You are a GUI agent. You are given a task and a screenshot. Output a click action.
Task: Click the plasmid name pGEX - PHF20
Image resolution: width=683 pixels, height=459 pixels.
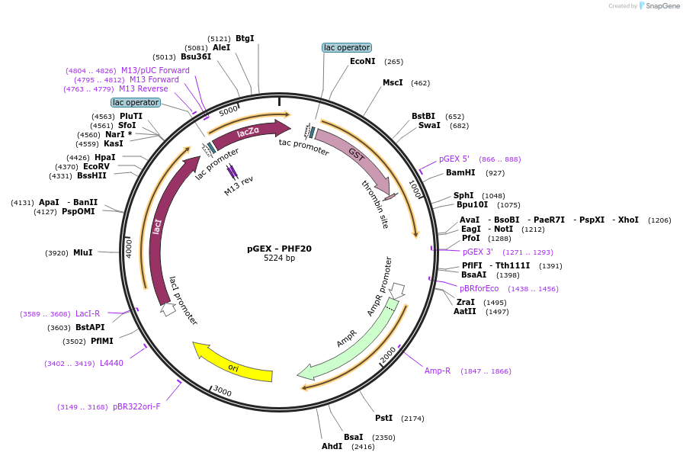(x=279, y=249)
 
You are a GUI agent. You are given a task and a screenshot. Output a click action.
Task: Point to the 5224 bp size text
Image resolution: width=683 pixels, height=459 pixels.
(x=279, y=258)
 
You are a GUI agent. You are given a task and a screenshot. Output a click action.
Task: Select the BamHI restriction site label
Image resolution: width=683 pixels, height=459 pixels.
(x=460, y=172)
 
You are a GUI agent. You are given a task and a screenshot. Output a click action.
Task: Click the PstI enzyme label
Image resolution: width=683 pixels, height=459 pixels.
(x=383, y=418)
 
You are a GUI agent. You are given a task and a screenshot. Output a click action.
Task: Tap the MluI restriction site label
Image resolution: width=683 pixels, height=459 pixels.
(x=83, y=252)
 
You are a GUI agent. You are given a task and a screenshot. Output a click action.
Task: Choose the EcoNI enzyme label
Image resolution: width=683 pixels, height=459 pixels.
(x=362, y=62)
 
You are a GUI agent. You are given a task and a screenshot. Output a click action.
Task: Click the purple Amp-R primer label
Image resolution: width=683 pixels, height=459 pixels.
(x=438, y=371)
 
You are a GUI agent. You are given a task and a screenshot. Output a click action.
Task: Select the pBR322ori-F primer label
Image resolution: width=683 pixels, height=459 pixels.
(x=136, y=406)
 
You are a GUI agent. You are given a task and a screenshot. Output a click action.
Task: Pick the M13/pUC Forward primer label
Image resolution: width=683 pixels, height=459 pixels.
(x=155, y=70)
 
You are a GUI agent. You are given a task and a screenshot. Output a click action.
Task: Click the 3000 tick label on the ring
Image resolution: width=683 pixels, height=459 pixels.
(x=222, y=391)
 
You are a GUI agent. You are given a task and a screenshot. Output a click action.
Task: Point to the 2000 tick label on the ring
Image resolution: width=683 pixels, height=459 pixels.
(x=388, y=355)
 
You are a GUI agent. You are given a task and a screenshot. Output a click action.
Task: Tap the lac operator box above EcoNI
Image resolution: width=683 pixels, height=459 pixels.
(x=347, y=47)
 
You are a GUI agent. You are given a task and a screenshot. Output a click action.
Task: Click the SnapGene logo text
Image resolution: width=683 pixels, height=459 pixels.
(x=662, y=5)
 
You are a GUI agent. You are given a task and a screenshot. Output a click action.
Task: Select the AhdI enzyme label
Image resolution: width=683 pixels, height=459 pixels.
(x=332, y=446)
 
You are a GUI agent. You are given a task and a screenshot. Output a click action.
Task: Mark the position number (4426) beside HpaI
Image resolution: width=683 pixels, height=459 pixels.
(x=78, y=158)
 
